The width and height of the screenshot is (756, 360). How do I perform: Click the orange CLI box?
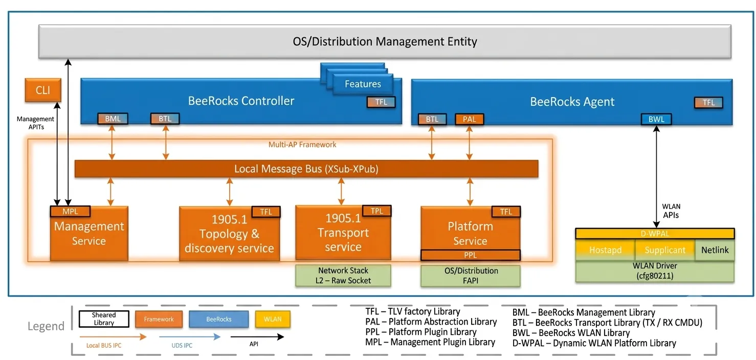pos(43,90)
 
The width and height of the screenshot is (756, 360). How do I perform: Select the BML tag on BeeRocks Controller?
pos(113,119)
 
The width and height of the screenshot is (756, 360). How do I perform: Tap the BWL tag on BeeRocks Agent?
pos(656,119)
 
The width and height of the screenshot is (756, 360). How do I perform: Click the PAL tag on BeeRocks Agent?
pos(469,119)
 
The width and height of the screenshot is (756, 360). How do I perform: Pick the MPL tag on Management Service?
pos(70,211)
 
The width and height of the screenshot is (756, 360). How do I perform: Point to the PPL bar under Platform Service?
pos(470,255)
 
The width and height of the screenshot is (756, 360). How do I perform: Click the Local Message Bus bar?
pos(306,169)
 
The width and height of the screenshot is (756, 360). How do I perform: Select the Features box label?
pos(363,84)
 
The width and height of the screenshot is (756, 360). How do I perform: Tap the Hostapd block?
pos(605,250)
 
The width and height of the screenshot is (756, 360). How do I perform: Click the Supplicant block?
pos(665,250)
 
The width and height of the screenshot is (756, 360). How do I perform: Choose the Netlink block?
pos(715,250)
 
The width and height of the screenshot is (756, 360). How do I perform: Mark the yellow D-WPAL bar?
pos(655,234)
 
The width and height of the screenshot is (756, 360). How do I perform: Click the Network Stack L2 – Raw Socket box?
pos(343,275)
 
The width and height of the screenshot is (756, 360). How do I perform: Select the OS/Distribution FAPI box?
pos(471,275)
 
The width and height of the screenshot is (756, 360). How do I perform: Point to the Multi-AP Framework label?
pos(302,145)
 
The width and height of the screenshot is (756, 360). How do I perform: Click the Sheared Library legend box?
pos(104,319)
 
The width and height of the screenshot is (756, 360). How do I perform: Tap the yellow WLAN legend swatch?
pos(272,319)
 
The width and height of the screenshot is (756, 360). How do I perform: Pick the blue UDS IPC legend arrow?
pos(190,336)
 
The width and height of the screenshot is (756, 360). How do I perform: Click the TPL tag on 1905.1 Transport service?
pos(376,211)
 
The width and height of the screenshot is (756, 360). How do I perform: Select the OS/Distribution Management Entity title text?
pos(385,41)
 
